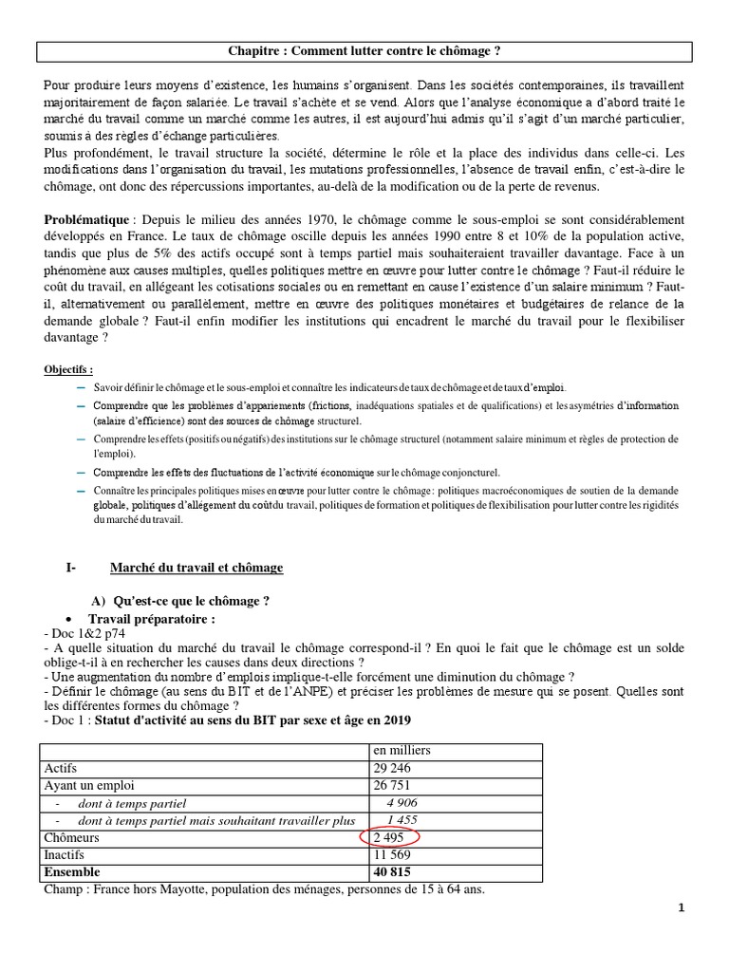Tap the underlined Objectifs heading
[x=69, y=369]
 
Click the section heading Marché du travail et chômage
[x=196, y=568]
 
